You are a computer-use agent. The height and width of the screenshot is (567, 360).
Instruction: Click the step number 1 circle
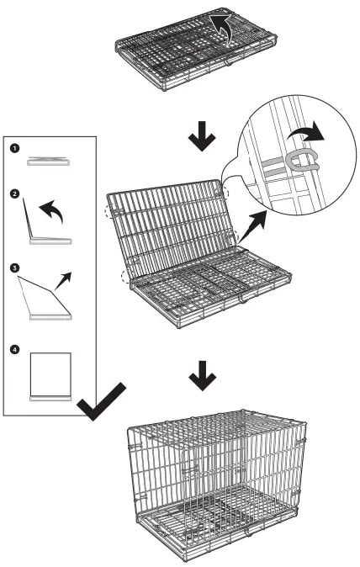pos(14,148)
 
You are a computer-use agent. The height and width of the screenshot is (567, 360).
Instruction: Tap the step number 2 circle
pos(14,193)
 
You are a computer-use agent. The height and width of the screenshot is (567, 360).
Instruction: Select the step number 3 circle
pos(14,268)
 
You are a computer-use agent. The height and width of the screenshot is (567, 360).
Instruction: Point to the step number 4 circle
pos(14,350)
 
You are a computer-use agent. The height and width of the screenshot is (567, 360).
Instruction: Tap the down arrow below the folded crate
pos(202,136)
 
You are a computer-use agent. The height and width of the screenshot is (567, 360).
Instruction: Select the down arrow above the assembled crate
pos(203,376)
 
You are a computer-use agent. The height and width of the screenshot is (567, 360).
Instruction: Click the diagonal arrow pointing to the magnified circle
pos(253,226)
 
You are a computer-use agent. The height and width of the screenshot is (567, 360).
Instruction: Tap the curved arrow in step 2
pos(52,209)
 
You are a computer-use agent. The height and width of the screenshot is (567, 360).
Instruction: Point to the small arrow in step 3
pos(63,281)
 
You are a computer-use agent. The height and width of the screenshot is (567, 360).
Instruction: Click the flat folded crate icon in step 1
pos(49,162)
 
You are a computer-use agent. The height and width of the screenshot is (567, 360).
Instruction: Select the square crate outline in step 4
pos(50,376)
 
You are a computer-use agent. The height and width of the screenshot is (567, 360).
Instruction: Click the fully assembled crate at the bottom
pos(217,485)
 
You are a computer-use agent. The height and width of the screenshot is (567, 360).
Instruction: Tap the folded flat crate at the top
pos(196,49)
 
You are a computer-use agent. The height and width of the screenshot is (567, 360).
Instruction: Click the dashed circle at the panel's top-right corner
pos(223,192)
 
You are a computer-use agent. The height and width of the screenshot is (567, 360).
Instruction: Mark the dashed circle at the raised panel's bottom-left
pos(127,276)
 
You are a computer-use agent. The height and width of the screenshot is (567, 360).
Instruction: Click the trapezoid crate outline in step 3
pos(45,299)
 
